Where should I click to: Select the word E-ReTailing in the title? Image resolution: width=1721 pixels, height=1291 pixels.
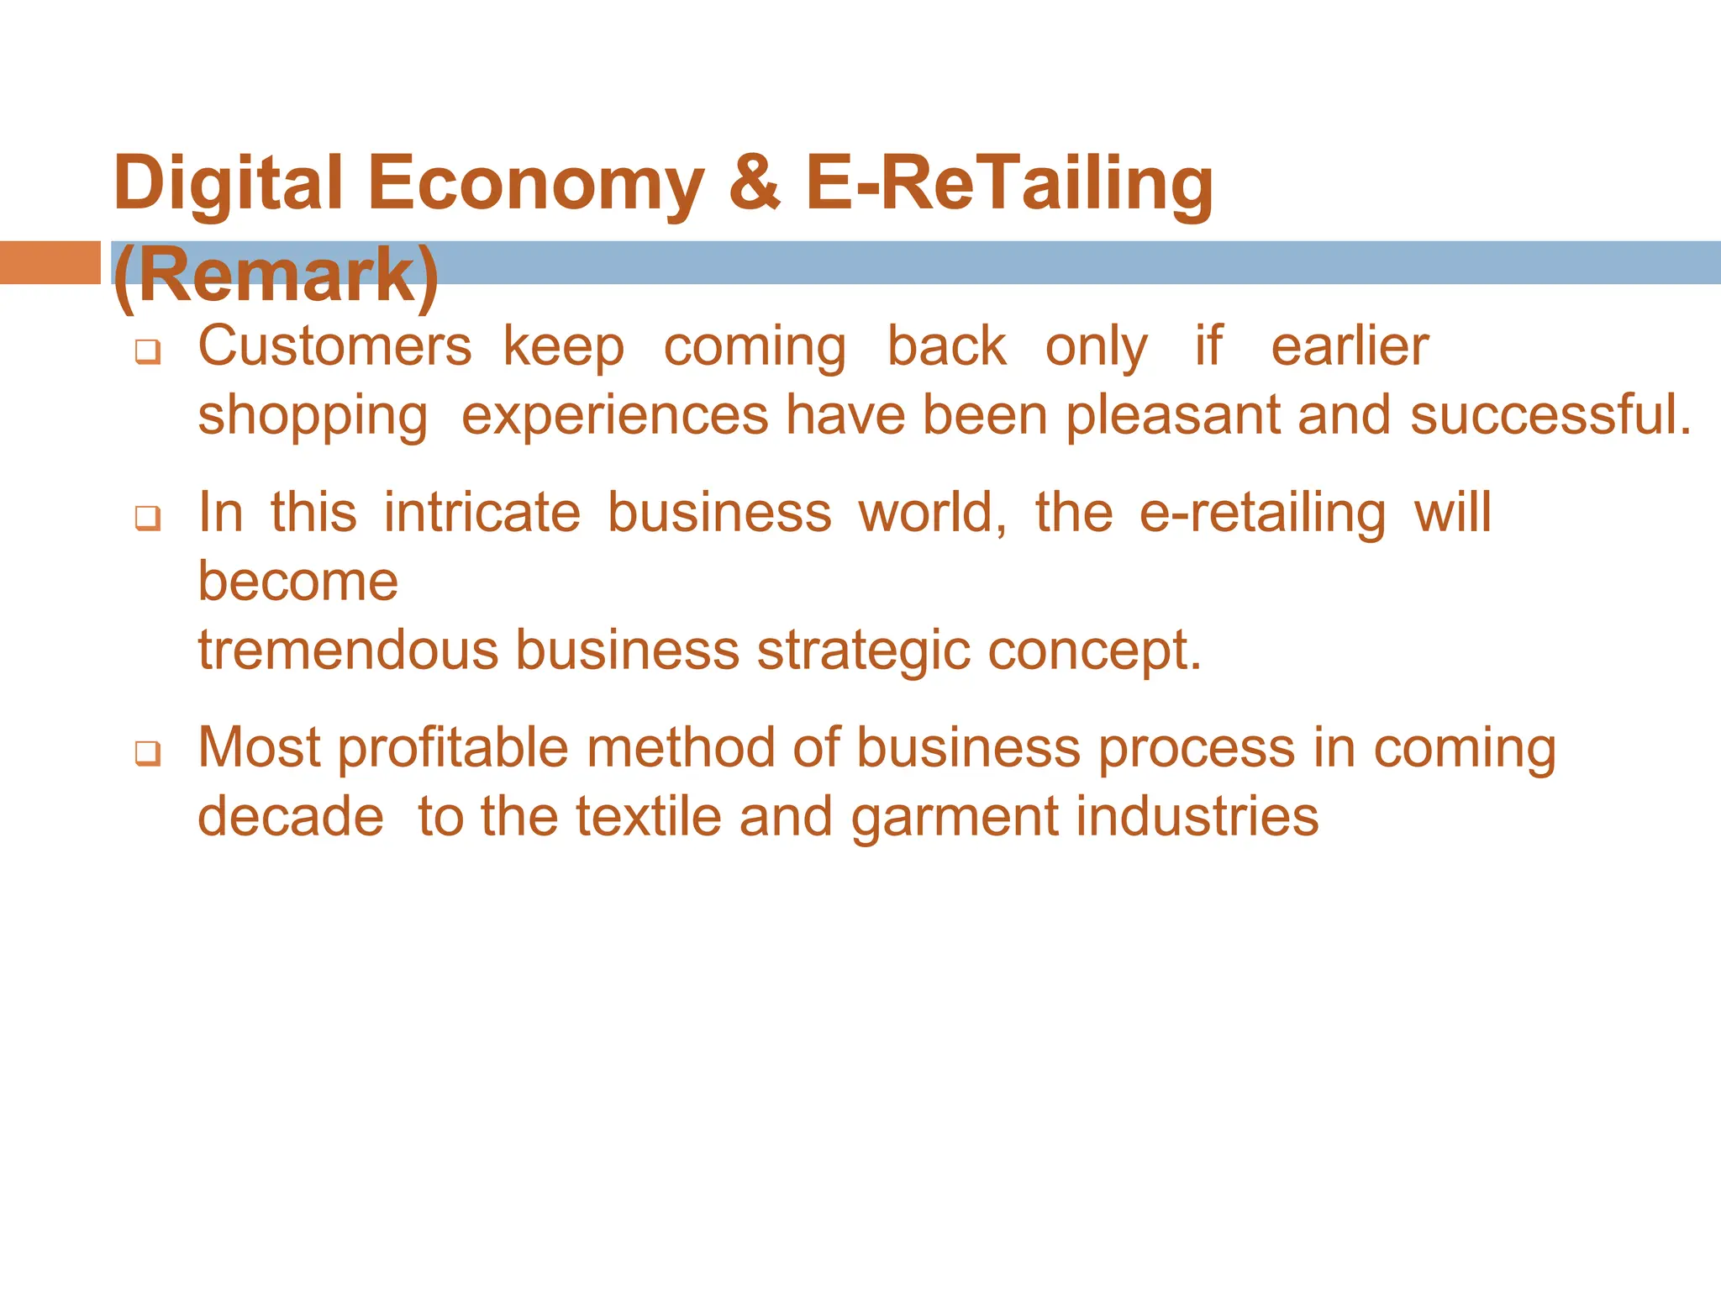(x=1008, y=183)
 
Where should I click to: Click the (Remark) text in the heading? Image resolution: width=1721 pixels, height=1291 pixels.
(x=276, y=276)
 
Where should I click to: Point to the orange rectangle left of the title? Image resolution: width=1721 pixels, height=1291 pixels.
(x=50, y=262)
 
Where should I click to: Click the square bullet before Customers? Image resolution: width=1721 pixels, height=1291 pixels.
(x=148, y=353)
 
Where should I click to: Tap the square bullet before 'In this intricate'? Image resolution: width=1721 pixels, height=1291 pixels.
(x=148, y=519)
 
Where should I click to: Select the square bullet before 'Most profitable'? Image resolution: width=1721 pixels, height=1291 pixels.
(x=148, y=754)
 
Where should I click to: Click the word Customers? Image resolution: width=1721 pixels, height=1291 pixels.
(x=334, y=346)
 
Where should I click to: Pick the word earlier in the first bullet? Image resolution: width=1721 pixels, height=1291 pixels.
(x=1349, y=346)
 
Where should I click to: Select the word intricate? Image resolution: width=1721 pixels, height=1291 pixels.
(x=482, y=512)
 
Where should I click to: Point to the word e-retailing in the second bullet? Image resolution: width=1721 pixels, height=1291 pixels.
(x=1262, y=512)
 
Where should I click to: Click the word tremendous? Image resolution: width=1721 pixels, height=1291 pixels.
(x=348, y=650)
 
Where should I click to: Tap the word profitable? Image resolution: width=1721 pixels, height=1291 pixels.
(x=453, y=748)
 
